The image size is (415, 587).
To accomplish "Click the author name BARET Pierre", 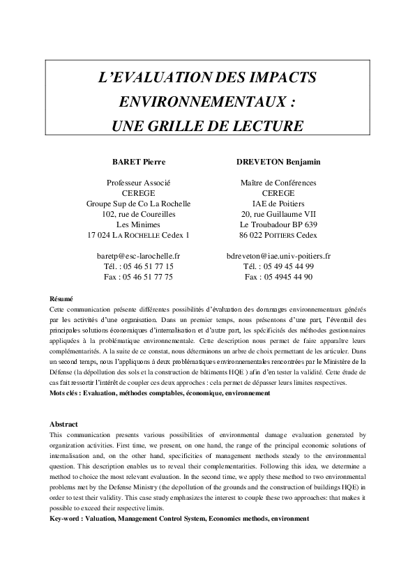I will [x=139, y=162].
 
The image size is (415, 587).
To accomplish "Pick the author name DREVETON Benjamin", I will [x=278, y=162].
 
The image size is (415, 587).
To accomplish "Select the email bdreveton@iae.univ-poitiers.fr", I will [x=278, y=256].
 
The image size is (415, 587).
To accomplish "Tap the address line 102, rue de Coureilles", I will [x=138, y=214].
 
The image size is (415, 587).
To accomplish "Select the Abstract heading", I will [x=63, y=424].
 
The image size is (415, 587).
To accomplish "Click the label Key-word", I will [x=67, y=519].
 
